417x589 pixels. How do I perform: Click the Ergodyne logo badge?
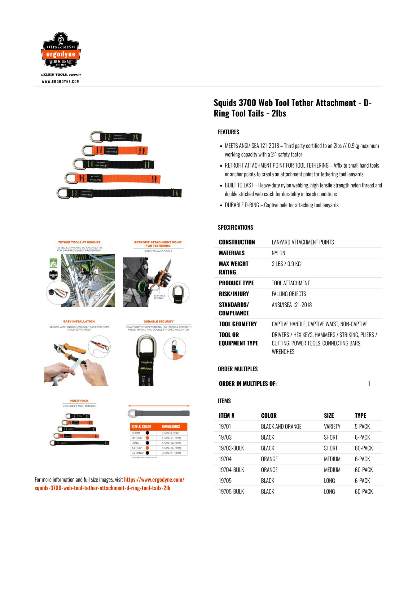coord(61,51)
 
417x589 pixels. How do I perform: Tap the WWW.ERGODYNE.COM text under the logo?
coord(61,81)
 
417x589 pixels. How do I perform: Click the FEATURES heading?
coord(228,132)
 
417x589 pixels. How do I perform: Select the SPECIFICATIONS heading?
coord(235,227)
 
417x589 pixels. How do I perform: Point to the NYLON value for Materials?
coord(278,253)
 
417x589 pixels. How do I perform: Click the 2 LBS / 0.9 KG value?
coord(286,264)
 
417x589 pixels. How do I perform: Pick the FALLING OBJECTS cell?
coord(289,294)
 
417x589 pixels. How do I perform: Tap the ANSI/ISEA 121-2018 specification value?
coord(292,305)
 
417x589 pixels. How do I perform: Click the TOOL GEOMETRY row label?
coord(238,324)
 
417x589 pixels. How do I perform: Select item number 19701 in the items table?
coord(225,426)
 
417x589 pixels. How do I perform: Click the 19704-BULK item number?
coord(231,470)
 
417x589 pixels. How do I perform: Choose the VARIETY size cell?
coord(332,426)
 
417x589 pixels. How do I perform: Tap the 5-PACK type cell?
coord(362,426)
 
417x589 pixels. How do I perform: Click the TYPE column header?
coord(360,415)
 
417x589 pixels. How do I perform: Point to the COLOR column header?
coord(269,415)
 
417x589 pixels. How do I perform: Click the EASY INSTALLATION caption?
coord(79,321)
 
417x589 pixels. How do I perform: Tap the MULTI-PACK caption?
coord(79,401)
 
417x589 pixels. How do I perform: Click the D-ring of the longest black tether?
coord(63,193)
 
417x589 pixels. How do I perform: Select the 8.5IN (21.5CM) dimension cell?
coord(171,453)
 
